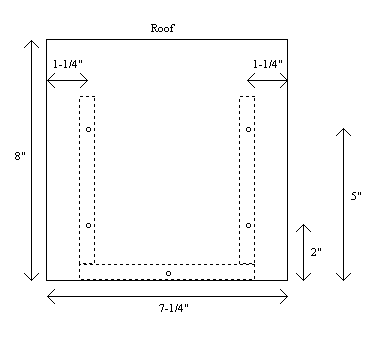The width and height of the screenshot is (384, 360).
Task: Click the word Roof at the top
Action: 162,28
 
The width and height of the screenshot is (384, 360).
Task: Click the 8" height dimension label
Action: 20,156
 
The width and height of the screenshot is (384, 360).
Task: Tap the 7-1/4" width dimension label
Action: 173,308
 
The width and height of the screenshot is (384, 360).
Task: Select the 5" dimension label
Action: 356,196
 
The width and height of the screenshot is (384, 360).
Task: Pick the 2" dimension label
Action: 316,252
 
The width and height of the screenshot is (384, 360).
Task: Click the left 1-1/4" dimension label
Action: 68,64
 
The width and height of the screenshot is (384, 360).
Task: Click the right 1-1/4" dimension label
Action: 268,64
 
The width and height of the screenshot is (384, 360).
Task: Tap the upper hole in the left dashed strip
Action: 88,129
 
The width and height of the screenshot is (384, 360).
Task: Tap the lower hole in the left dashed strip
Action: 88,225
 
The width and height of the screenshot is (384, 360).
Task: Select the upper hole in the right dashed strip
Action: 248,129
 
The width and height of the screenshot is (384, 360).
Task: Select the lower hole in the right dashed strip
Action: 248,225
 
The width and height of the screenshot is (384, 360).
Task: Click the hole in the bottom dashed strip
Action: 168,273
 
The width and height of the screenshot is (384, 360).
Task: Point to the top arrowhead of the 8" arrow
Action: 31,41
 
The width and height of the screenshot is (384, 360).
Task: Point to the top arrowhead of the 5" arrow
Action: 343,129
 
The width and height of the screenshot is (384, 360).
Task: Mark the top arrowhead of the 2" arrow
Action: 303,225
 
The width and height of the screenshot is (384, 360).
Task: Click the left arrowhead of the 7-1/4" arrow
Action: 48,296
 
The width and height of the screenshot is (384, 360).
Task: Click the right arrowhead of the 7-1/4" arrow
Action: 287,296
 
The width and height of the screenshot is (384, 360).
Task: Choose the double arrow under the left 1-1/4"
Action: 67,80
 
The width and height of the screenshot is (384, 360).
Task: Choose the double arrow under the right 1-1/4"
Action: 267,80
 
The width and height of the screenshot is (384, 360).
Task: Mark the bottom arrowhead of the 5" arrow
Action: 343,280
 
